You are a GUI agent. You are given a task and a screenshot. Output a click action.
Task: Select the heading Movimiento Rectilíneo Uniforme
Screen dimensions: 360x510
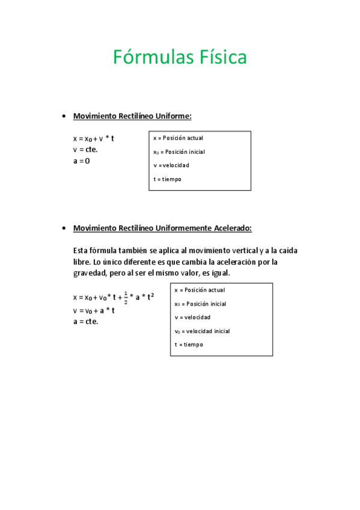coord(132,115)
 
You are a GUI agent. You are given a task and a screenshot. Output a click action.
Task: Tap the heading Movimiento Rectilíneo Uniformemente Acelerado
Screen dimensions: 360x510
coord(162,228)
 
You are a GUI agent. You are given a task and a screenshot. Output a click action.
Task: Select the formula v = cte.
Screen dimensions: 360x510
coord(85,149)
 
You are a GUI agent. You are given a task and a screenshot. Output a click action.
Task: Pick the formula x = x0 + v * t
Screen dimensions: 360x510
coord(93,138)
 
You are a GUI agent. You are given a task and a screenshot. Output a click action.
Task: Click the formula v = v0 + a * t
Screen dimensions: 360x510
coord(93,310)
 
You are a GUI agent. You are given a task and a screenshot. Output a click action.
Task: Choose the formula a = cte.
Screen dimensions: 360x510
coord(85,321)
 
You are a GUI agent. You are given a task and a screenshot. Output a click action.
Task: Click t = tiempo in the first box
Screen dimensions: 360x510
coord(167,179)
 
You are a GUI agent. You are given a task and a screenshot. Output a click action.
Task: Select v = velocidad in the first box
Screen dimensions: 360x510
coord(171,165)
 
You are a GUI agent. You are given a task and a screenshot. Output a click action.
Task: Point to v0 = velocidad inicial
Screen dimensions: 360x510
coord(202,331)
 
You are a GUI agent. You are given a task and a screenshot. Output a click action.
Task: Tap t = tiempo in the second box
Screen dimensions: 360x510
coord(189,345)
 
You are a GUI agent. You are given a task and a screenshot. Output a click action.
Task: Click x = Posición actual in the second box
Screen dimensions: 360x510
coord(200,290)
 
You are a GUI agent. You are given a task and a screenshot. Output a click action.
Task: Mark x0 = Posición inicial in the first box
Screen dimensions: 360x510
coord(178,152)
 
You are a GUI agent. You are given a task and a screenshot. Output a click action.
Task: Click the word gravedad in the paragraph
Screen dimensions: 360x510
coord(90,273)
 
